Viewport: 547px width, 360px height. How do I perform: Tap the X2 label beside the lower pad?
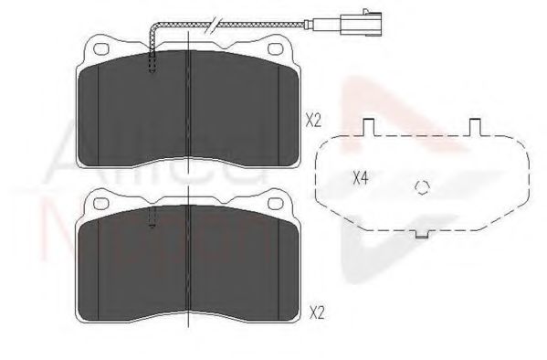317,312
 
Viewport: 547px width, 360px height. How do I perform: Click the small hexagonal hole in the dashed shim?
421,189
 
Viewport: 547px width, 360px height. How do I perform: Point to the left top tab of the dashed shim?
369,128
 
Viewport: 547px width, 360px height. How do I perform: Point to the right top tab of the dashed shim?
475,128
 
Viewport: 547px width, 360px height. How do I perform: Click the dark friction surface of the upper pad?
228,110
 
